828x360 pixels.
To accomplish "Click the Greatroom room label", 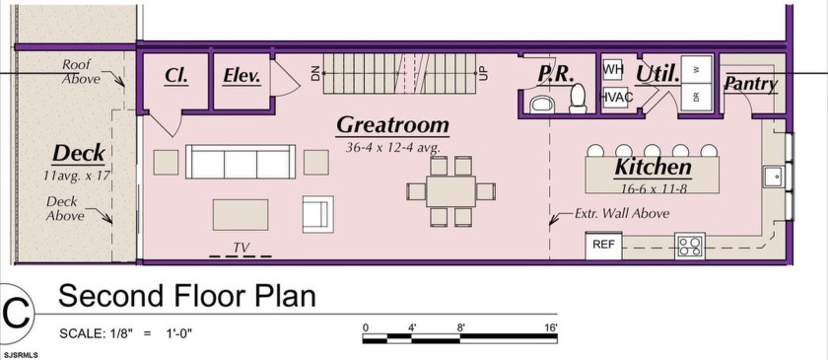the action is point(393,125).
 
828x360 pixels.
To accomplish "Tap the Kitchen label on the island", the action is point(653,167).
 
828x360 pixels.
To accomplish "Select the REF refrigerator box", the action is point(603,246).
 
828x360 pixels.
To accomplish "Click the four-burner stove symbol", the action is point(690,246).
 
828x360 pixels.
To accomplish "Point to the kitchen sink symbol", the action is point(774,176).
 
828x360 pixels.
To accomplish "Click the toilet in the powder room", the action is point(578,99).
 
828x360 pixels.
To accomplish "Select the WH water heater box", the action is point(612,70).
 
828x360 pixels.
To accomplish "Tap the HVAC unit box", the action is point(615,98).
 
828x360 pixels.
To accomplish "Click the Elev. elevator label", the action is point(241,77).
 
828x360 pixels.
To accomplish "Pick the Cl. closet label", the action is point(176,76).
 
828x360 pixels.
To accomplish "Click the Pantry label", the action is point(750,84).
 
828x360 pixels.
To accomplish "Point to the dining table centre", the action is point(450,191).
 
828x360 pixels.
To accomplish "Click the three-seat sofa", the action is point(241,162).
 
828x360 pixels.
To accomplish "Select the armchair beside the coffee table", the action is point(317,214).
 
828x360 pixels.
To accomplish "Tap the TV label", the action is point(241,247).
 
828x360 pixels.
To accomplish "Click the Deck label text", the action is point(78,155).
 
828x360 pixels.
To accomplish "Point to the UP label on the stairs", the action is point(484,73).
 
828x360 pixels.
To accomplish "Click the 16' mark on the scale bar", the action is point(550,327).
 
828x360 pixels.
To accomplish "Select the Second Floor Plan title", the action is point(187,296).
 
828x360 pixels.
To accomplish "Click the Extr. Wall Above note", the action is point(622,214).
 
